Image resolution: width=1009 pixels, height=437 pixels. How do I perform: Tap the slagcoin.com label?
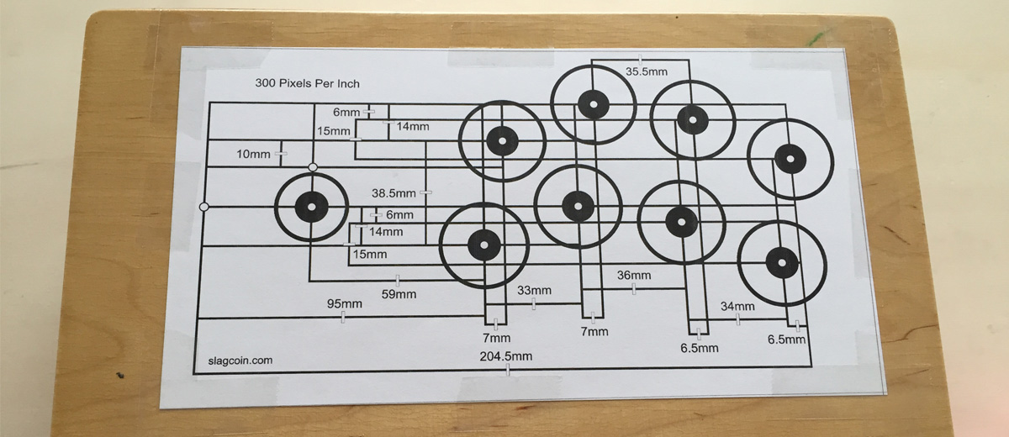pos(240,361)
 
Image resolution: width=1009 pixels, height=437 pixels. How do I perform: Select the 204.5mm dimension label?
pos(506,356)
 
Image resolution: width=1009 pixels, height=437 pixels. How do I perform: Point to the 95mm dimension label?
pos(344,303)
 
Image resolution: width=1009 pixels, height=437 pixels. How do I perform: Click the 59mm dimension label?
pos(399,294)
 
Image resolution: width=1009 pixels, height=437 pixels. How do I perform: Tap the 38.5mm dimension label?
pos(394,192)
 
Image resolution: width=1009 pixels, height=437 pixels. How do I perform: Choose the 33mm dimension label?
pos(535,291)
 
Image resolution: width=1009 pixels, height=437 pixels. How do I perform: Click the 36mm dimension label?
pos(634,276)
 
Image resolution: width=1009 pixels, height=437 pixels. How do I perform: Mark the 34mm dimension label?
pos(738,307)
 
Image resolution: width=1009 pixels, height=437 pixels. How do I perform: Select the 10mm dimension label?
pos(253,155)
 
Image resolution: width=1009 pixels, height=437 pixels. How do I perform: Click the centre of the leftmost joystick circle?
pos(312,207)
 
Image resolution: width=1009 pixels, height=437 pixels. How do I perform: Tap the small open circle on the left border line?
pos(203,206)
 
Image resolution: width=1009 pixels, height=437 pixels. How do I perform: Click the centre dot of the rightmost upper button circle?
pos(790,159)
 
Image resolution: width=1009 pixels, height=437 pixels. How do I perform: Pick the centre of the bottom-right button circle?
pos(781,262)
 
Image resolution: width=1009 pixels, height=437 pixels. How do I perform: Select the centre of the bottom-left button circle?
pos(483,245)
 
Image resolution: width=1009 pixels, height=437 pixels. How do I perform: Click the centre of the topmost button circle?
pos(594,105)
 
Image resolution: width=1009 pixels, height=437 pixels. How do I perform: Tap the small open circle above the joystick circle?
pos(313,168)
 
